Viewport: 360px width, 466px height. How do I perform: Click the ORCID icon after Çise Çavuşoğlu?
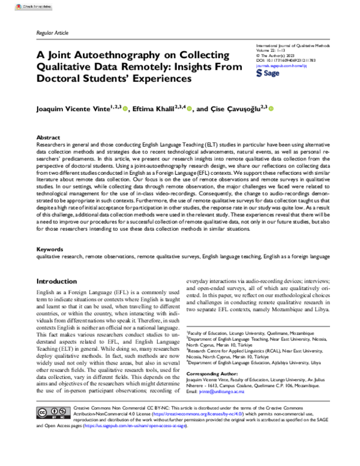[x=271, y=109]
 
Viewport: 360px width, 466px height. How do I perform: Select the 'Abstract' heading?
[x=49, y=138]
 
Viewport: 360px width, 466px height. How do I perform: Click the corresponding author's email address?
[x=217, y=408]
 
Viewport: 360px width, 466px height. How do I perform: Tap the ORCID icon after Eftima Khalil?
[x=190, y=109]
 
